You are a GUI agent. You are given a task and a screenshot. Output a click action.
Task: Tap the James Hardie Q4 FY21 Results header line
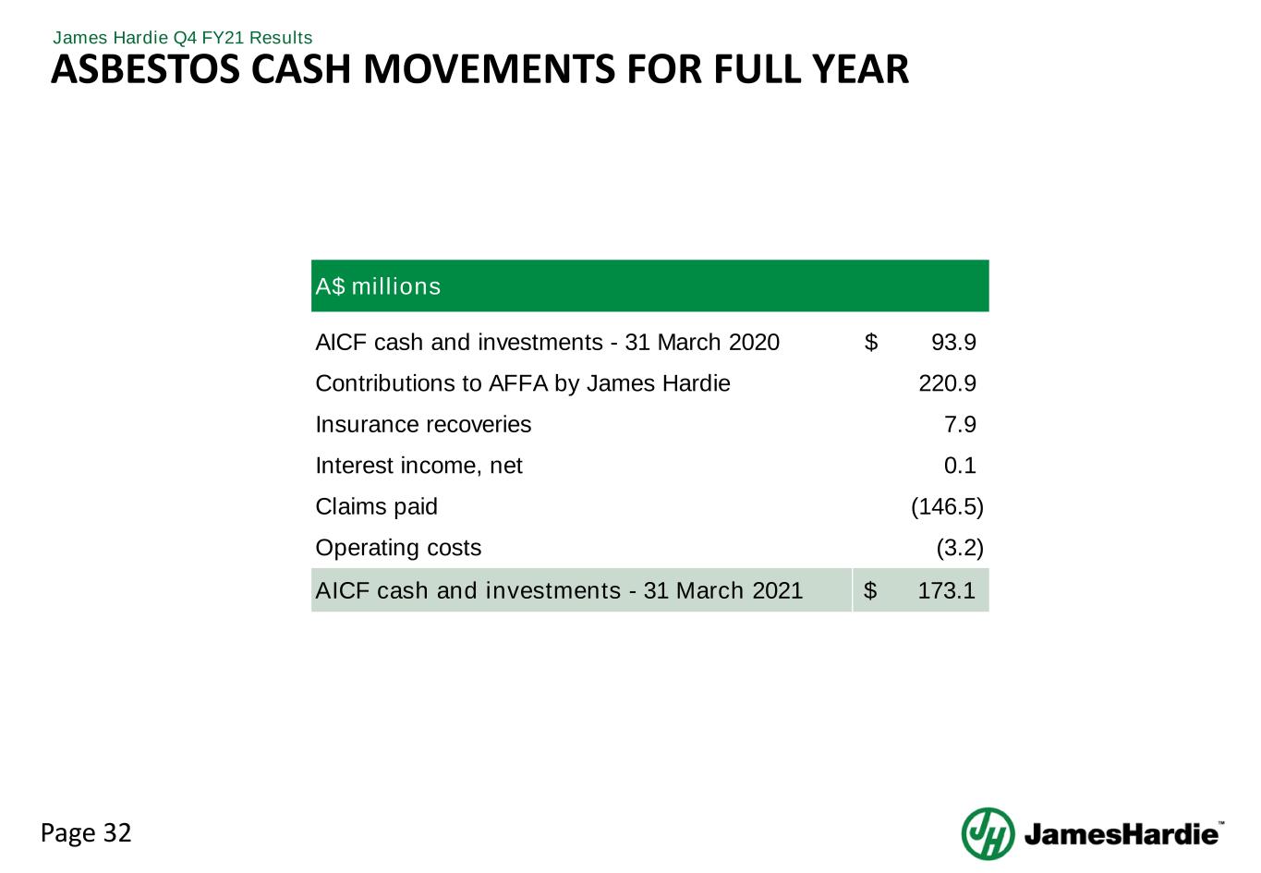coord(183,38)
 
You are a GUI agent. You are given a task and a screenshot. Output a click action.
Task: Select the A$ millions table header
coord(378,286)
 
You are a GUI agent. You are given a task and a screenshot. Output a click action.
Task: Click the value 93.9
coord(953,343)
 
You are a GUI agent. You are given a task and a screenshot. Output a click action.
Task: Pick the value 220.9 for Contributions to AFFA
coord(947,383)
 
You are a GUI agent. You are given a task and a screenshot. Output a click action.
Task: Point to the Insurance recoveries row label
coord(423,425)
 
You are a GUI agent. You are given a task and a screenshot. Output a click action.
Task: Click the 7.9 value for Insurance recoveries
coord(960,425)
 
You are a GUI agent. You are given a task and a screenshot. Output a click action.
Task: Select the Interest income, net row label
coord(418,466)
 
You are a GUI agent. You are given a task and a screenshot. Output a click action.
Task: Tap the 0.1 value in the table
coord(960,466)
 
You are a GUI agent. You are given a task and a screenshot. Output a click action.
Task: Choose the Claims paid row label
coord(376,507)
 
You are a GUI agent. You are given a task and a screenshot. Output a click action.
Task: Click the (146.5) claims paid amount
coord(947,507)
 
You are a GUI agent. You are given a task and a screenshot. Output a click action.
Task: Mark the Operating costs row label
coord(398,548)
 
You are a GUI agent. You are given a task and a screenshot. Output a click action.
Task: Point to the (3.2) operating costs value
coord(960,548)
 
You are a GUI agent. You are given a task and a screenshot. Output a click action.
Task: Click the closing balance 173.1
coord(947,590)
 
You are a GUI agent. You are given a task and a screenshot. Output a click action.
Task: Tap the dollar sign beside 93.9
coord(870,343)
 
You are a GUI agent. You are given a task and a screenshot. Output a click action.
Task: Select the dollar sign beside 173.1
coord(870,590)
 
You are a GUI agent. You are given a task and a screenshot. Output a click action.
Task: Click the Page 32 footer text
coord(87,833)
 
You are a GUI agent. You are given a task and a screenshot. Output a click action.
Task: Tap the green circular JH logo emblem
coord(988,834)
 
